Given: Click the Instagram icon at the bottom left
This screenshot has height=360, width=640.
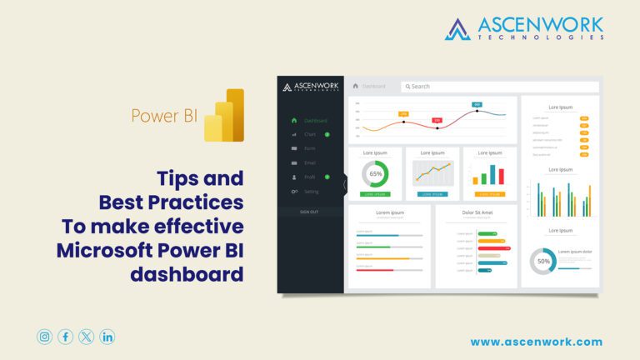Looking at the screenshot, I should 44,337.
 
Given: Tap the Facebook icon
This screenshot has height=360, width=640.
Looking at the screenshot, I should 65,337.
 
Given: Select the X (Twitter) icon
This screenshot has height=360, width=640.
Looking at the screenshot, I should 87,337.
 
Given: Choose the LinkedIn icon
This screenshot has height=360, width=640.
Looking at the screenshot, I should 107,337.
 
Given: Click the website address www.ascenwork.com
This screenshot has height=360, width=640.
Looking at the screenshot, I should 536,342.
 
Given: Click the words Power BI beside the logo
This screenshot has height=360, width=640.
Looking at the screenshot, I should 164,115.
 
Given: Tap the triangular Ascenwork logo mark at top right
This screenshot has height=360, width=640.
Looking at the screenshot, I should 457,28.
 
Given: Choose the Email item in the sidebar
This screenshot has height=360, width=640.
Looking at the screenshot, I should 309,162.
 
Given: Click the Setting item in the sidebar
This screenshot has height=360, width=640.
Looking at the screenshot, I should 311,192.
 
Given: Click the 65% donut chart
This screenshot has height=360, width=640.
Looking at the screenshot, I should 376,174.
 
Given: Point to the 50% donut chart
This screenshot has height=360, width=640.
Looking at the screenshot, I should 543,261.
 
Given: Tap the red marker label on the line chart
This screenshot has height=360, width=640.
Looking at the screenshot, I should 437,120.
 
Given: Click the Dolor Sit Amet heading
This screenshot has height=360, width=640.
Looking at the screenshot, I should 477,212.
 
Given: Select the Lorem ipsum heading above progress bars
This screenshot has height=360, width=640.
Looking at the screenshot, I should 389,212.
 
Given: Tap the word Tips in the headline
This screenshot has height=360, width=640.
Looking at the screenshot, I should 178,178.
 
